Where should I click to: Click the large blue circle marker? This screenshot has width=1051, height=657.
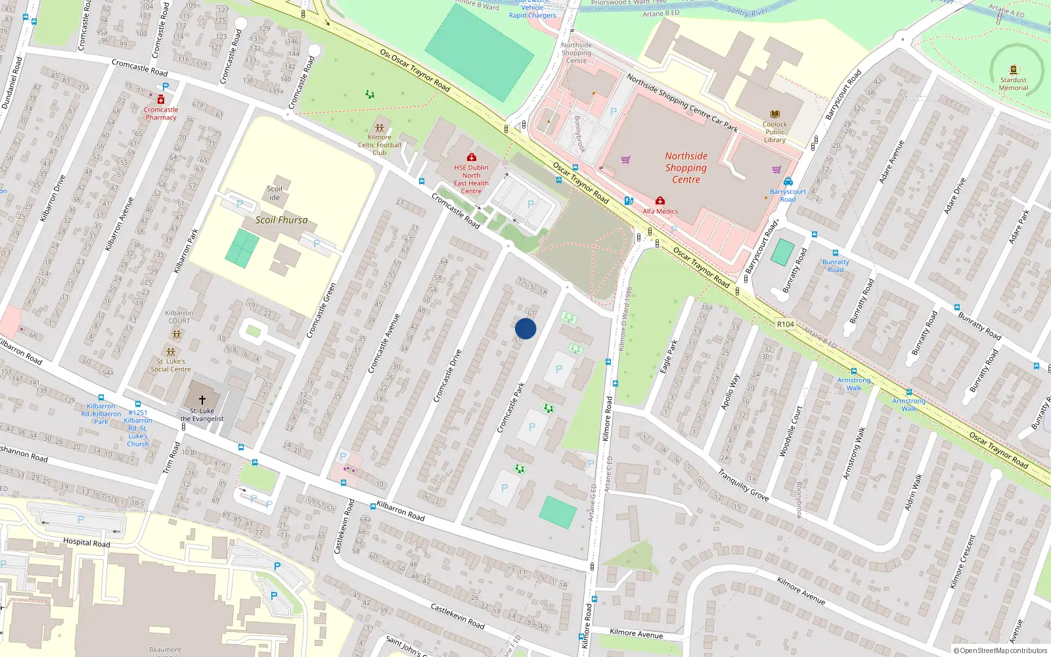pyautogui.click(x=525, y=328)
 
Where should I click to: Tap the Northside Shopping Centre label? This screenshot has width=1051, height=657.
pyautogui.click(x=686, y=168)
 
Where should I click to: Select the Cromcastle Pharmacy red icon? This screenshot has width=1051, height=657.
pyautogui.click(x=161, y=99)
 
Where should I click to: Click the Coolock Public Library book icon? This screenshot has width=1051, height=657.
pyautogui.click(x=774, y=114)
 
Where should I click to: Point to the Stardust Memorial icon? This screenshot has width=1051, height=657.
pyautogui.click(x=1014, y=70)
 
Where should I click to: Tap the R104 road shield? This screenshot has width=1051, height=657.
pyautogui.click(x=785, y=324)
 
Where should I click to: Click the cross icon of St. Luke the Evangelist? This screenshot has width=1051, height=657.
pyautogui.click(x=202, y=399)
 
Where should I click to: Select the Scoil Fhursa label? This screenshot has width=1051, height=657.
pyautogui.click(x=281, y=220)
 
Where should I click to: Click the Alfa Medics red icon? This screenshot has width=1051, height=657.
pyautogui.click(x=660, y=201)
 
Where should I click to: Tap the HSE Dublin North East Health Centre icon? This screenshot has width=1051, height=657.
pyautogui.click(x=471, y=157)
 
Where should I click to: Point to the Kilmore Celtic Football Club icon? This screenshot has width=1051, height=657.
pyautogui.click(x=380, y=128)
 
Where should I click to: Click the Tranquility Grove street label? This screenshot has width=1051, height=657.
pyautogui.click(x=743, y=485)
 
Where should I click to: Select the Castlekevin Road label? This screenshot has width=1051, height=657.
pyautogui.click(x=457, y=616)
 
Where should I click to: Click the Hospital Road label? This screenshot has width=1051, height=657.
pyautogui.click(x=86, y=542)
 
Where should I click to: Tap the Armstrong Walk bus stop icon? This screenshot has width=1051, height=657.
pyautogui.click(x=853, y=371)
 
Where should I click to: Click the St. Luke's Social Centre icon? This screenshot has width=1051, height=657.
pyautogui.click(x=171, y=352)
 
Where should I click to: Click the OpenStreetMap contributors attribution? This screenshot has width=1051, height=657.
pyautogui.click(x=1000, y=650)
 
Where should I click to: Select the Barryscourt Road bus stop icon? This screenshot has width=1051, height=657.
pyautogui.click(x=788, y=182)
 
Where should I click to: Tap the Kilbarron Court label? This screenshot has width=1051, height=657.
pyautogui.click(x=179, y=317)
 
